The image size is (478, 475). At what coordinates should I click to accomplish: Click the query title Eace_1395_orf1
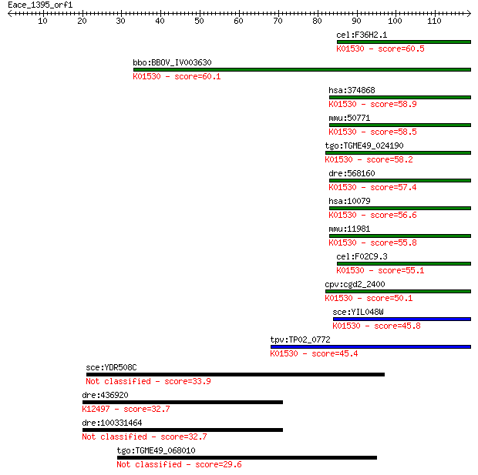pyautogui.click(x=40, y=5)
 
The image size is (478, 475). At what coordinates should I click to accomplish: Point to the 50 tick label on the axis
pyautogui.click(x=199, y=21)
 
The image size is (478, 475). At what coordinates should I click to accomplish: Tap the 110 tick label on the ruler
pyautogui.click(x=434, y=21)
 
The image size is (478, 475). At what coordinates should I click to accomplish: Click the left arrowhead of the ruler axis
pyautogui.click(x=10, y=13)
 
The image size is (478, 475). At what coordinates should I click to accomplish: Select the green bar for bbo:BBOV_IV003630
pyautogui.click(x=302, y=70)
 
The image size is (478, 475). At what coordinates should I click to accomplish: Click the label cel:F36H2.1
pyautogui.click(x=362, y=35)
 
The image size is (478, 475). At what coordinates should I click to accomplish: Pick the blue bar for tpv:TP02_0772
pyautogui.click(x=371, y=346)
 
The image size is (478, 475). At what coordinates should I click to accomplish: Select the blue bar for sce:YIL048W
pyautogui.click(x=402, y=319)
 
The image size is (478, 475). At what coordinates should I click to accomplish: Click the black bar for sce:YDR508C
pyautogui.click(x=235, y=374)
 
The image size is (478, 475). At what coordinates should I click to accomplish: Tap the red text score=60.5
pyautogui.click(x=401, y=49)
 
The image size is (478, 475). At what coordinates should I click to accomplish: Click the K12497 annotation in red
pyautogui.click(x=96, y=409)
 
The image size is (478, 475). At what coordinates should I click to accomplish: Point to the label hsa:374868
pyautogui.click(x=352, y=90)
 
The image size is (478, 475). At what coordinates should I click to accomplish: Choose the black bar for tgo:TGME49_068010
pyautogui.click(x=247, y=457)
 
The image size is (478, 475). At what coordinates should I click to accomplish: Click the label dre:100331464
pyautogui.click(x=112, y=423)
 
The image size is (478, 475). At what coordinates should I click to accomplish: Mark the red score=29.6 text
pyautogui.click(x=218, y=464)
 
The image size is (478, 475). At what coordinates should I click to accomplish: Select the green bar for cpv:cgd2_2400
pyautogui.click(x=398, y=292)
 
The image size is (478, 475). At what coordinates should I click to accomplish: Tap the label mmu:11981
pyautogui.click(x=349, y=229)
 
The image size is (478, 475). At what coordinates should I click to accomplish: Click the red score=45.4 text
pyautogui.click(x=335, y=353)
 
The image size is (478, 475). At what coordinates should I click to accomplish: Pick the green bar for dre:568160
pyautogui.click(x=400, y=181)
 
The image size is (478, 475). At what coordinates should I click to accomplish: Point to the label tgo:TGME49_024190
pyautogui.click(x=365, y=146)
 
